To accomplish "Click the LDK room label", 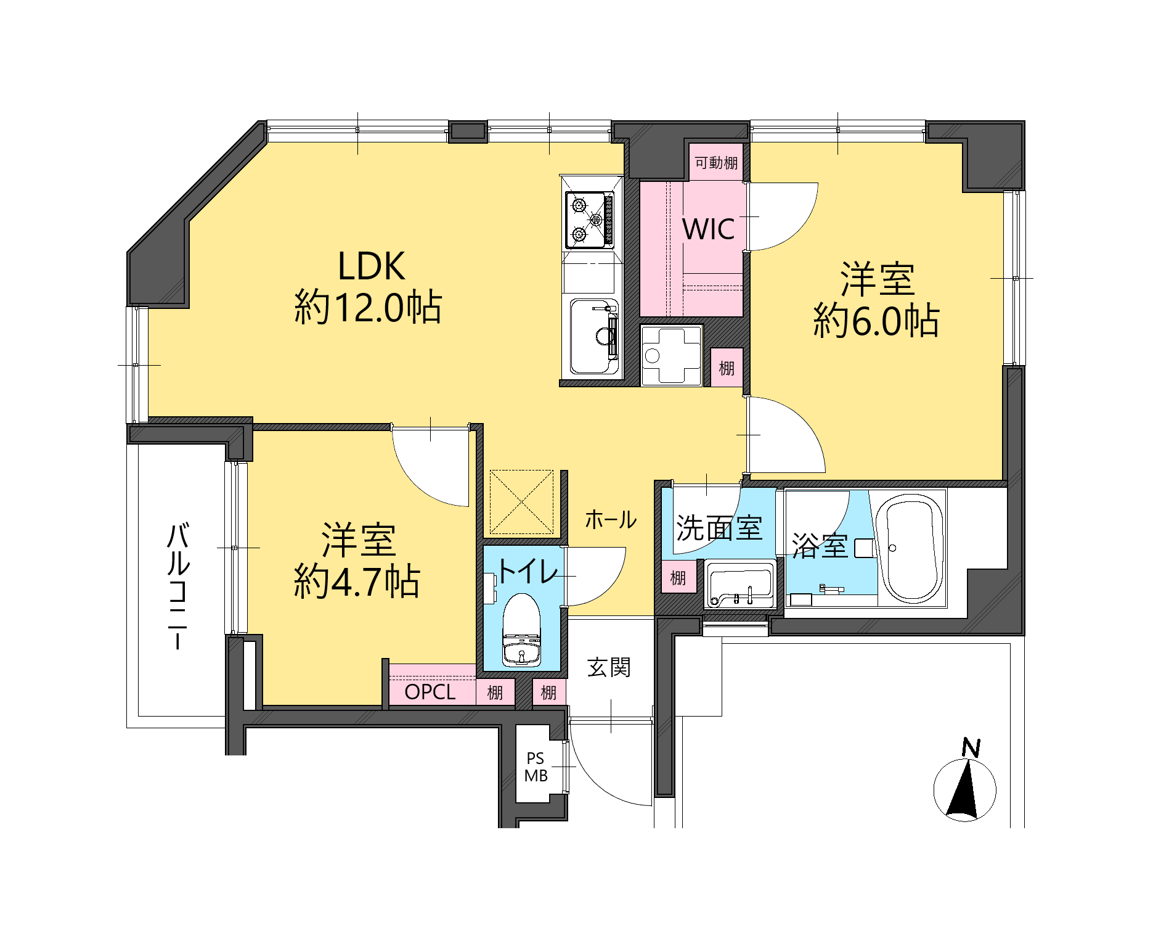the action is click(371, 266).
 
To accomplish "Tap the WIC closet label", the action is click(709, 229).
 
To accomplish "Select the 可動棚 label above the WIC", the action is click(716, 163).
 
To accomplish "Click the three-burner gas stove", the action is click(590, 220).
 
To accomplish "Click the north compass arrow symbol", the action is click(964, 789).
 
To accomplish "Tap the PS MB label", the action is click(536, 767).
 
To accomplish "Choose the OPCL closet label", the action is click(430, 692).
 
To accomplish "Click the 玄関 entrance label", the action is click(609, 667).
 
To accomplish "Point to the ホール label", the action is click(611, 520).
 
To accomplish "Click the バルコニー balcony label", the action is click(177, 586).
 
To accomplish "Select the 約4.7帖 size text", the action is click(357, 581).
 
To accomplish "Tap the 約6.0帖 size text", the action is click(876, 321).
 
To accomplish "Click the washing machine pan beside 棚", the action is click(671, 355).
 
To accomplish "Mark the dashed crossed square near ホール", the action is click(521, 502).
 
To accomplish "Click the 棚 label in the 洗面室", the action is click(678, 578).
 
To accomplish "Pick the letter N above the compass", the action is click(971, 747).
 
